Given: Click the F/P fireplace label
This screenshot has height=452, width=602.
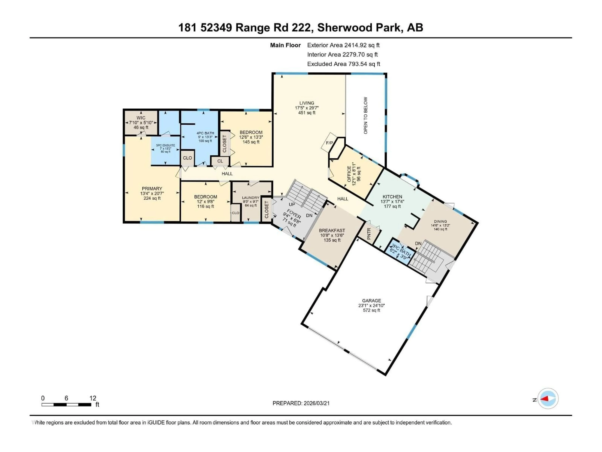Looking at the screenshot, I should click(x=329, y=143).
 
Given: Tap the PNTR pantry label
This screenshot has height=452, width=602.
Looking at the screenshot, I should click(x=369, y=234).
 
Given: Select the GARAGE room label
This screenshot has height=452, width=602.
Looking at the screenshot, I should click(x=372, y=301).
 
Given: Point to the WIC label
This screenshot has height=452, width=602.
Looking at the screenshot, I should click(x=141, y=118).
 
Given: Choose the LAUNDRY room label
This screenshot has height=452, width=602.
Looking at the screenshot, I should click(x=251, y=198).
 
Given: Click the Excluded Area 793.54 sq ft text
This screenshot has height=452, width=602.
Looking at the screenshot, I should click(x=343, y=64).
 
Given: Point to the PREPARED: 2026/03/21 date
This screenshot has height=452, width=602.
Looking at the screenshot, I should click(x=301, y=403).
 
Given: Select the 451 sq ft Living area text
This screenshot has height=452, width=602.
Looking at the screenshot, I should click(x=307, y=113).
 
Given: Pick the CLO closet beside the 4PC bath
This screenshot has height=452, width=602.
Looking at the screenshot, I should click(x=187, y=158).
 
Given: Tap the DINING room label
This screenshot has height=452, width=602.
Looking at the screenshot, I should click(x=440, y=221).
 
